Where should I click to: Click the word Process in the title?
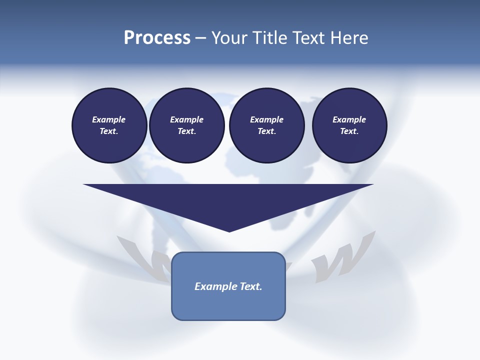pyautogui.click(x=157, y=38)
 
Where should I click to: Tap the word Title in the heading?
pyautogui.click(x=271, y=38)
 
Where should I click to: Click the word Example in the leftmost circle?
pyautogui.click(x=109, y=119)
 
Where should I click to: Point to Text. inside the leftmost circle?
pyautogui.click(x=109, y=131)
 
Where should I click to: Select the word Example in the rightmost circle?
pyautogui.click(x=349, y=119)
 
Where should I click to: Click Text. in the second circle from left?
pyautogui.click(x=186, y=131)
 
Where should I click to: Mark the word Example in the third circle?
pyautogui.click(x=266, y=119)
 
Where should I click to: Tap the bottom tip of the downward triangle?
pyautogui.click(x=229, y=230)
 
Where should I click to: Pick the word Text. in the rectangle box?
pyautogui.click(x=251, y=286)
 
